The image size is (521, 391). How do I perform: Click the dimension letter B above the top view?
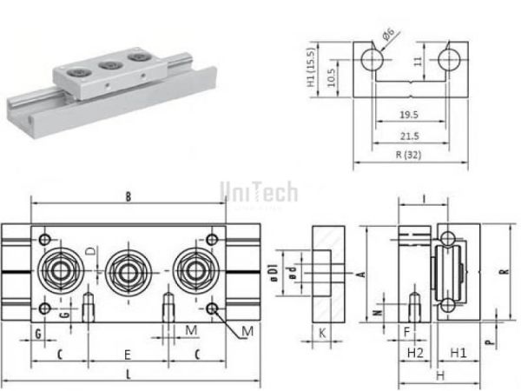(127, 197)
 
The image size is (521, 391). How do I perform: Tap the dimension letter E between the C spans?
(127, 355)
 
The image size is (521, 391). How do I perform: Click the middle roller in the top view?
(127, 272)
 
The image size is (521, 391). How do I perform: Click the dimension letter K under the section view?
(320, 332)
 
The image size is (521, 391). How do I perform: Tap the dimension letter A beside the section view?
(359, 273)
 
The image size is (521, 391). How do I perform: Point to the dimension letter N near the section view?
(376, 306)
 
